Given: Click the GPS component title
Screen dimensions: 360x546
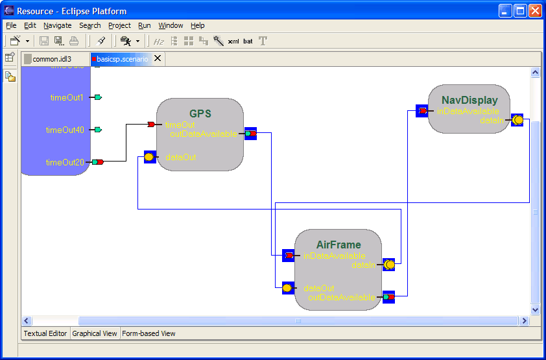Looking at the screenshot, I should pyautogui.click(x=200, y=114).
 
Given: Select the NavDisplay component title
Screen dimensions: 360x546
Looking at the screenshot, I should pyautogui.click(x=469, y=100).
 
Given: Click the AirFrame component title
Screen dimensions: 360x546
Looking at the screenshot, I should pyautogui.click(x=338, y=245).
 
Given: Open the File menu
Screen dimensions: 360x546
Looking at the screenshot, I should pyautogui.click(x=11, y=25).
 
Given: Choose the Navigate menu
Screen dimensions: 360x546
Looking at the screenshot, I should pyautogui.click(x=58, y=25).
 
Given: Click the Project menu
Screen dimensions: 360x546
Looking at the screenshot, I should pyautogui.click(x=119, y=25).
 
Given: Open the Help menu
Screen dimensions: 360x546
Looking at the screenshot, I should pyautogui.click(x=198, y=25).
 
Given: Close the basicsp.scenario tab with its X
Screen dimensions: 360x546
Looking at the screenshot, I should pyautogui.click(x=158, y=59).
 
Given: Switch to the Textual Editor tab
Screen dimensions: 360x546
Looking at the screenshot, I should pyautogui.click(x=45, y=333).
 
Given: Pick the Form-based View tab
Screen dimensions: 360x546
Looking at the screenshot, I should pyautogui.click(x=148, y=333).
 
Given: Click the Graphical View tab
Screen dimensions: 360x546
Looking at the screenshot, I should pyautogui.click(x=95, y=333).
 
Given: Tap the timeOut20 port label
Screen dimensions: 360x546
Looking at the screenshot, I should pyautogui.click(x=65, y=162).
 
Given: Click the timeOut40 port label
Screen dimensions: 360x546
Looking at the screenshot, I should pyautogui.click(x=65, y=130).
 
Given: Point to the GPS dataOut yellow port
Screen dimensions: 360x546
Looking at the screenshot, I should pyautogui.click(x=150, y=157).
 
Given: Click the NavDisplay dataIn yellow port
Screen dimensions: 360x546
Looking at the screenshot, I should pyautogui.click(x=517, y=120).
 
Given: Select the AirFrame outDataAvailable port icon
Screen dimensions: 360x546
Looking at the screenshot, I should pyautogui.click(x=388, y=297).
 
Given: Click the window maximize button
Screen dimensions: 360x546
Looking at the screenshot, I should pyautogui.click(x=520, y=10).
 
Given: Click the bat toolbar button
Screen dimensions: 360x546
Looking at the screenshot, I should pyautogui.click(x=248, y=42).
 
